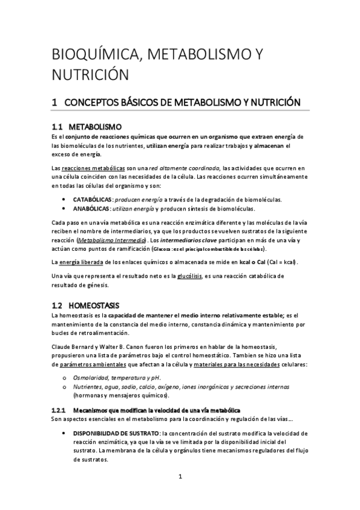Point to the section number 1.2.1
point(60,410)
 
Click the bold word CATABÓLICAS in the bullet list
point(93,199)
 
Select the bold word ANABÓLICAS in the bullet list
point(91,209)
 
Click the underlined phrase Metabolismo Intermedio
point(110,239)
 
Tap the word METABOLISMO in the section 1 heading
point(186,103)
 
